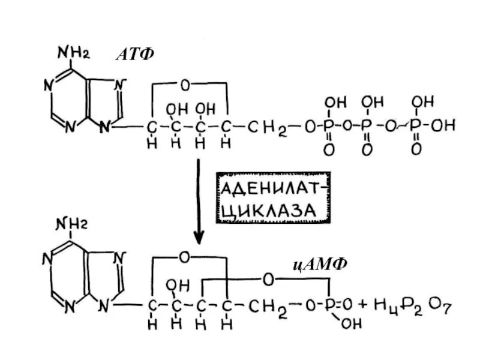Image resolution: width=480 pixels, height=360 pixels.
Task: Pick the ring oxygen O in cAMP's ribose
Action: tap(184, 257)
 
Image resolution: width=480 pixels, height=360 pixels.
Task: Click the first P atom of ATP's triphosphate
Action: tap(329, 126)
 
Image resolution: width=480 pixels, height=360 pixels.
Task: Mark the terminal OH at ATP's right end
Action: tap(444, 126)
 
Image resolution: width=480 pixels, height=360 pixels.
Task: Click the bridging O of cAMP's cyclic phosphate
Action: tap(268, 279)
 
